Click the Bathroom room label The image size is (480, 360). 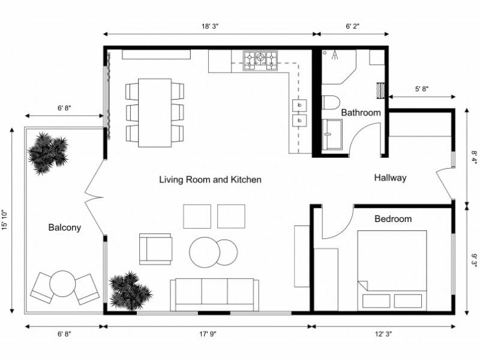[361, 113]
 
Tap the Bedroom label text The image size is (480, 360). [393, 219]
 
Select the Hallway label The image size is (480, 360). [390, 178]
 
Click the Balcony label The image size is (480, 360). [64, 227]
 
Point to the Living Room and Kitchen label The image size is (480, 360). [210, 179]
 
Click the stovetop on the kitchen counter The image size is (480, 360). [260, 59]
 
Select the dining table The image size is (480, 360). [154, 112]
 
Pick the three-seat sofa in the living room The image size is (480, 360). [214, 294]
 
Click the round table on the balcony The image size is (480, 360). [62, 284]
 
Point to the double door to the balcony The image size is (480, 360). [95, 198]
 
